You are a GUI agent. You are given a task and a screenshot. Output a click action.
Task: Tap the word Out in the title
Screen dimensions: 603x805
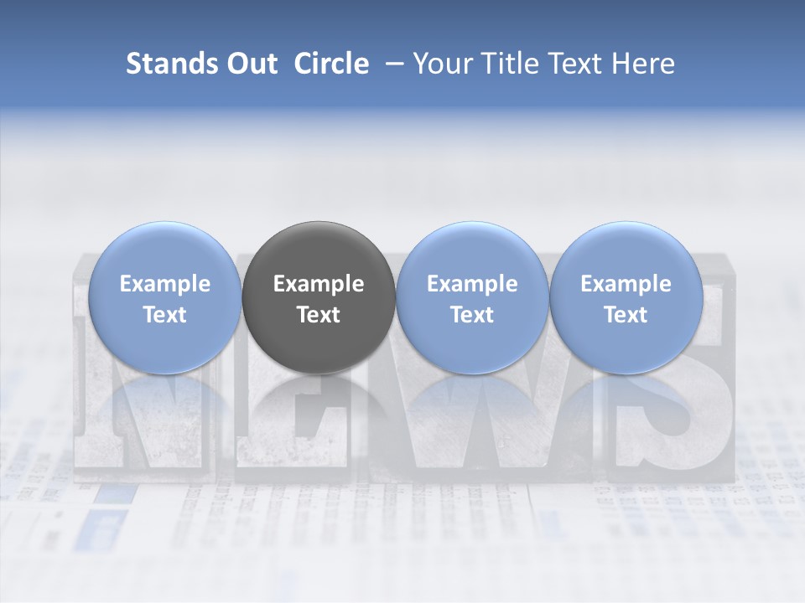point(250,64)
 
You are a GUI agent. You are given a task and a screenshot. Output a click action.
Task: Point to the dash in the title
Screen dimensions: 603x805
point(391,64)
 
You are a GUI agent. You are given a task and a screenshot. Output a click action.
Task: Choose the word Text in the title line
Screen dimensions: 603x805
point(577,64)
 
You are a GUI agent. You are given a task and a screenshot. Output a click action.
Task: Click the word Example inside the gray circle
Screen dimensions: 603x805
point(319,284)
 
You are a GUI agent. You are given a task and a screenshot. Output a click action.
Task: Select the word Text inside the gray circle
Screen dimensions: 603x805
point(319,315)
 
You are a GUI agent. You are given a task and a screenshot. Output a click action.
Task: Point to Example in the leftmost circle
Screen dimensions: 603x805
point(165,284)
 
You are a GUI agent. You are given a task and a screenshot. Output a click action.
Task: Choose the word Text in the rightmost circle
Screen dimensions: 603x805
point(626,315)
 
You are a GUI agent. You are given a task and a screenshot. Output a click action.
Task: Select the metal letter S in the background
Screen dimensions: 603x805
point(671,410)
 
